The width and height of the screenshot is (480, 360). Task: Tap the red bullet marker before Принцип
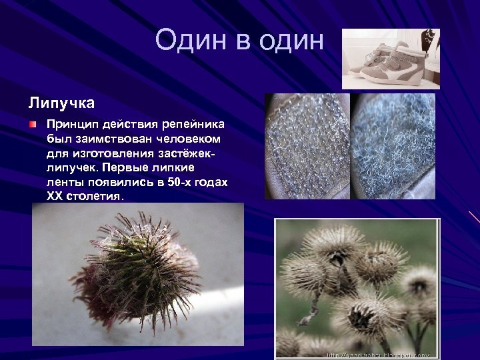(33, 124)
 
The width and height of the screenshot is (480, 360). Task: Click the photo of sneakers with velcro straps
(391, 59)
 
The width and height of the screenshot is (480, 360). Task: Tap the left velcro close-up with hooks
(307, 146)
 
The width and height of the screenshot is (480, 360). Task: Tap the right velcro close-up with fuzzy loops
(393, 146)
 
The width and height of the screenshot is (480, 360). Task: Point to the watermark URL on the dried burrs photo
(379, 355)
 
